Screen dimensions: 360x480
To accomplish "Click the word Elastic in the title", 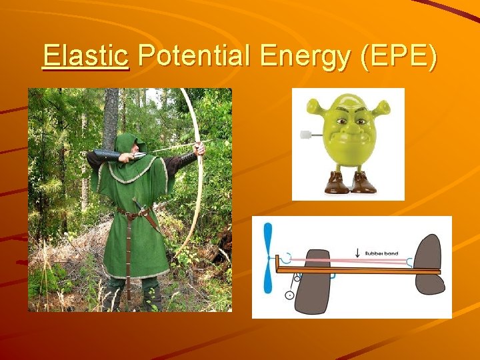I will (85, 57).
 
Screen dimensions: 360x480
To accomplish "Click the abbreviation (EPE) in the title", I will (397, 57).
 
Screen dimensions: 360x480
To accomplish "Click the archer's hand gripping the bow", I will (198, 148).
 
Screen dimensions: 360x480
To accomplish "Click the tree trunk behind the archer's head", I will (111, 113).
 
